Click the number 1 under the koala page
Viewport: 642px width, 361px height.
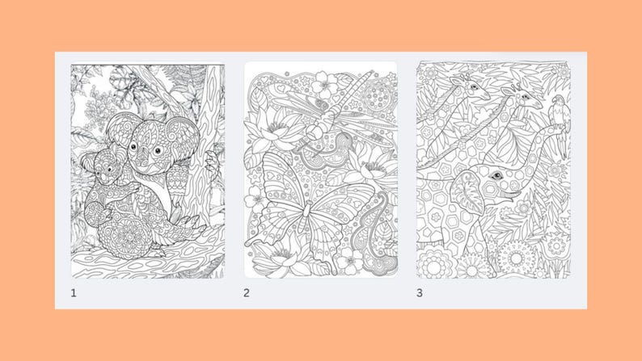pos(74,292)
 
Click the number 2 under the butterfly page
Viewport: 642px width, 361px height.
pos(247,292)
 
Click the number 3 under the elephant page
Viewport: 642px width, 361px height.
pos(419,292)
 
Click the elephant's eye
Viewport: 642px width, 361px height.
pos(496,175)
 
